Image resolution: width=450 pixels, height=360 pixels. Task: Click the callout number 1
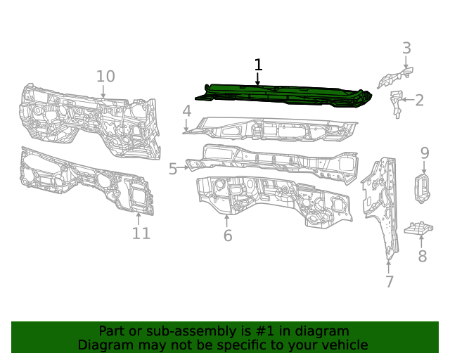coord(258,65)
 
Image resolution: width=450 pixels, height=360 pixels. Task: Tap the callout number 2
coord(419,101)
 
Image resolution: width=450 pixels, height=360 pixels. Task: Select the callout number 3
coord(406,49)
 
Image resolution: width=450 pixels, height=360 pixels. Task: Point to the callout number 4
coord(186,111)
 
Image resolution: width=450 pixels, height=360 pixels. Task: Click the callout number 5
coord(173,169)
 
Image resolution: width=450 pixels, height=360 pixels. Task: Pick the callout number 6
coord(227,236)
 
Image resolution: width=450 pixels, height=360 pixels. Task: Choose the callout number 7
coord(389,282)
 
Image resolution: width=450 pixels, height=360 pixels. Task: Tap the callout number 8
coord(422,257)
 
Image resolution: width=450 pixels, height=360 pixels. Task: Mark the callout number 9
coord(425,153)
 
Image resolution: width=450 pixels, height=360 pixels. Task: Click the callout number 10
coord(105,76)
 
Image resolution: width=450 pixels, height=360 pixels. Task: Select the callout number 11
coord(141,233)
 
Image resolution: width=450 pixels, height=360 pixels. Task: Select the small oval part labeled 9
coord(424,189)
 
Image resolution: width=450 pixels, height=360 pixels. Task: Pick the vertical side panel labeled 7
coord(380,204)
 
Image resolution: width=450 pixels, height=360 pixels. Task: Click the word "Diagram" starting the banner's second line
coord(103,345)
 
